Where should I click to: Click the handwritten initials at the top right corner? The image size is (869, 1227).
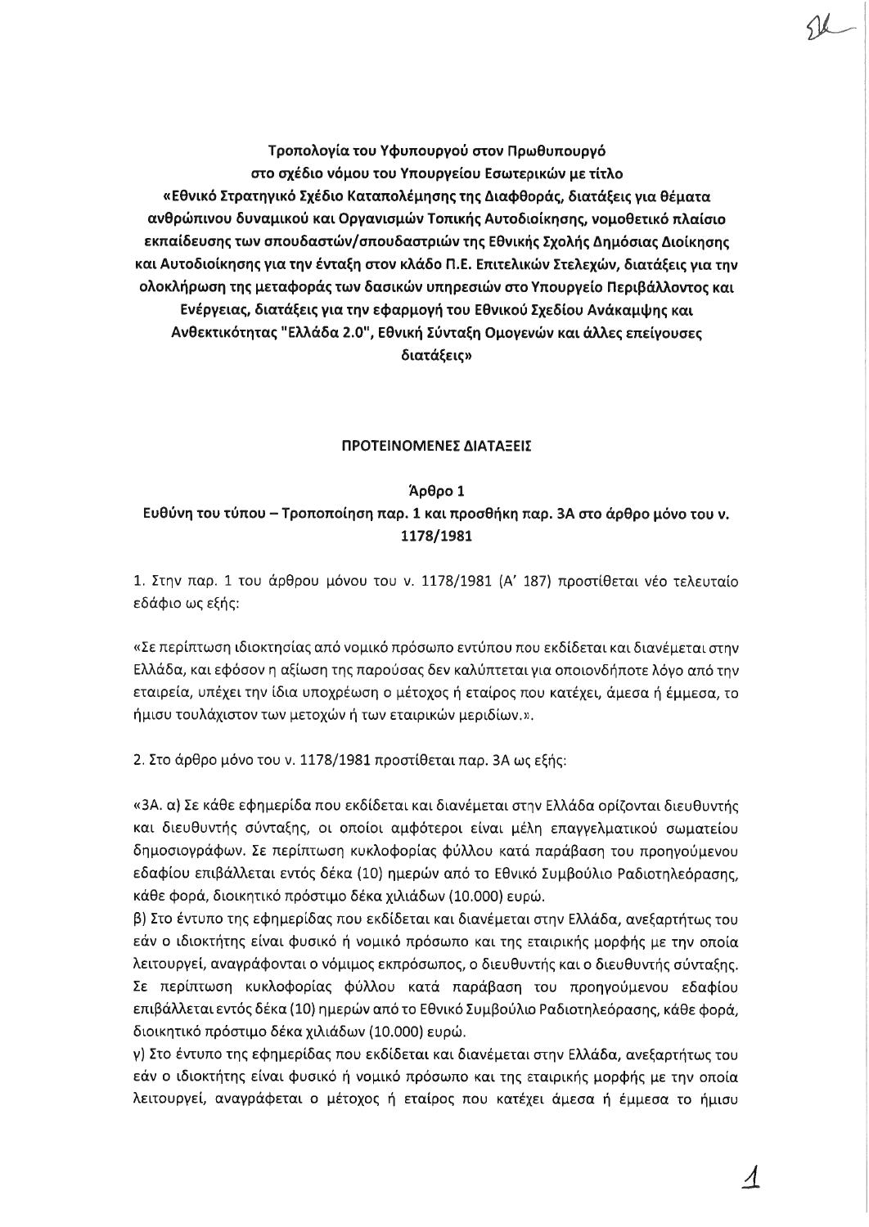coord(818,34)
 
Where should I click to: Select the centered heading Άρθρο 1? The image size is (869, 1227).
coord(435,492)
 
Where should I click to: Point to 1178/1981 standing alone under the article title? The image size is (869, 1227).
coord(435,537)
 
